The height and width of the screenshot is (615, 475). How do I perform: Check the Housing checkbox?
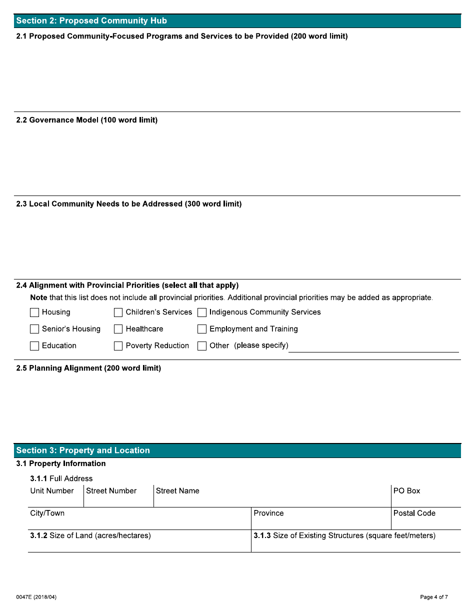34,312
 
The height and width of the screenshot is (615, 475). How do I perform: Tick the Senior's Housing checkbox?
34,329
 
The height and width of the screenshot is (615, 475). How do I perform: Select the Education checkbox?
34,346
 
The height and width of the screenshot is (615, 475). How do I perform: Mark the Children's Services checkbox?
118,312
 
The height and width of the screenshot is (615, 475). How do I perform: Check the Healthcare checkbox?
118,329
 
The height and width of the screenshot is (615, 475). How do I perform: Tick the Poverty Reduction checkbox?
118,346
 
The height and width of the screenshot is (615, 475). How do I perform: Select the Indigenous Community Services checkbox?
202,312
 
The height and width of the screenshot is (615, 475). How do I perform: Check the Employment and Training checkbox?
202,329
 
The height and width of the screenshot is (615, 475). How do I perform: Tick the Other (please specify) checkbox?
202,346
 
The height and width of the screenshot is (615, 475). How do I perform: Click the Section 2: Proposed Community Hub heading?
91,21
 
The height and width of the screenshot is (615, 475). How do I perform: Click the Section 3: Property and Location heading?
83,450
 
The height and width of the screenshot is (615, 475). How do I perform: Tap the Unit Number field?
55,500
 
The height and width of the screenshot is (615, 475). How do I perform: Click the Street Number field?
118,500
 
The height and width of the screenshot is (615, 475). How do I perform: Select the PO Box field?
425,500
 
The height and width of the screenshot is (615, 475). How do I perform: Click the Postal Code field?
425,522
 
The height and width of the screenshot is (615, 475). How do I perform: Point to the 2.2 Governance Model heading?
87,120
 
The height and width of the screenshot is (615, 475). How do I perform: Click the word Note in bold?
38,298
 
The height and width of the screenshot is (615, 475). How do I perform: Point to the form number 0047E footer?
36,597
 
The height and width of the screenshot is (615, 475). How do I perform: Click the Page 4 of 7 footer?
434,597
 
